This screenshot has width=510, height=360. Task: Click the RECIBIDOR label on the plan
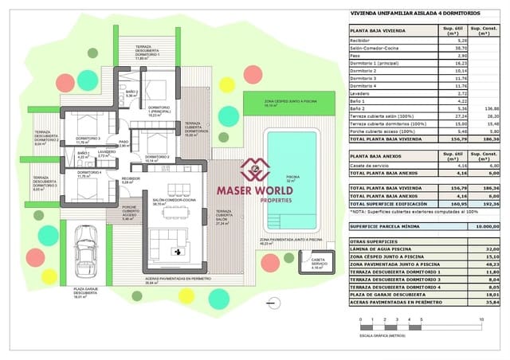pyautogui.click(x=131, y=179)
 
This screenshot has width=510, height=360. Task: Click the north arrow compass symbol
pyautogui.click(x=273, y=300)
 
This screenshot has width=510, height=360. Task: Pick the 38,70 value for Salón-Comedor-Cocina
pyautogui.click(x=448, y=49)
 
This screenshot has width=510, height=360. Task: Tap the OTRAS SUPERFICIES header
pyautogui.click(x=375, y=241)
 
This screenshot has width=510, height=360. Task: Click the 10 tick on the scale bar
pyautogui.click(x=481, y=318)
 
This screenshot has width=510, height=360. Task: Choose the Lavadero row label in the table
pyautogui.click(x=363, y=94)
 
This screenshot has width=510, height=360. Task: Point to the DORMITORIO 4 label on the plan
pyautogui.click(x=89, y=173)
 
